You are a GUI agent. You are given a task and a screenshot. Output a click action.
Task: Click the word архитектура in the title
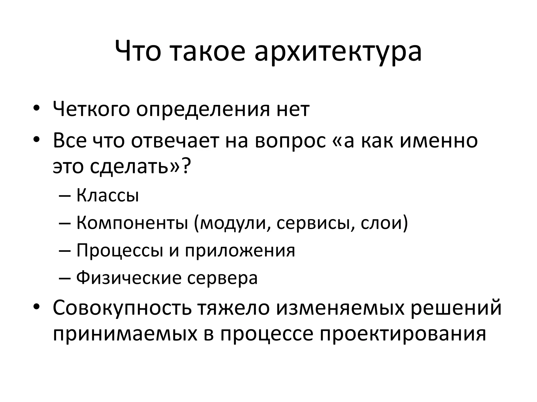pyautogui.click(x=338, y=52)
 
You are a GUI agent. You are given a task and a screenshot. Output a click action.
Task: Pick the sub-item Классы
pyautogui.click(x=108, y=196)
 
